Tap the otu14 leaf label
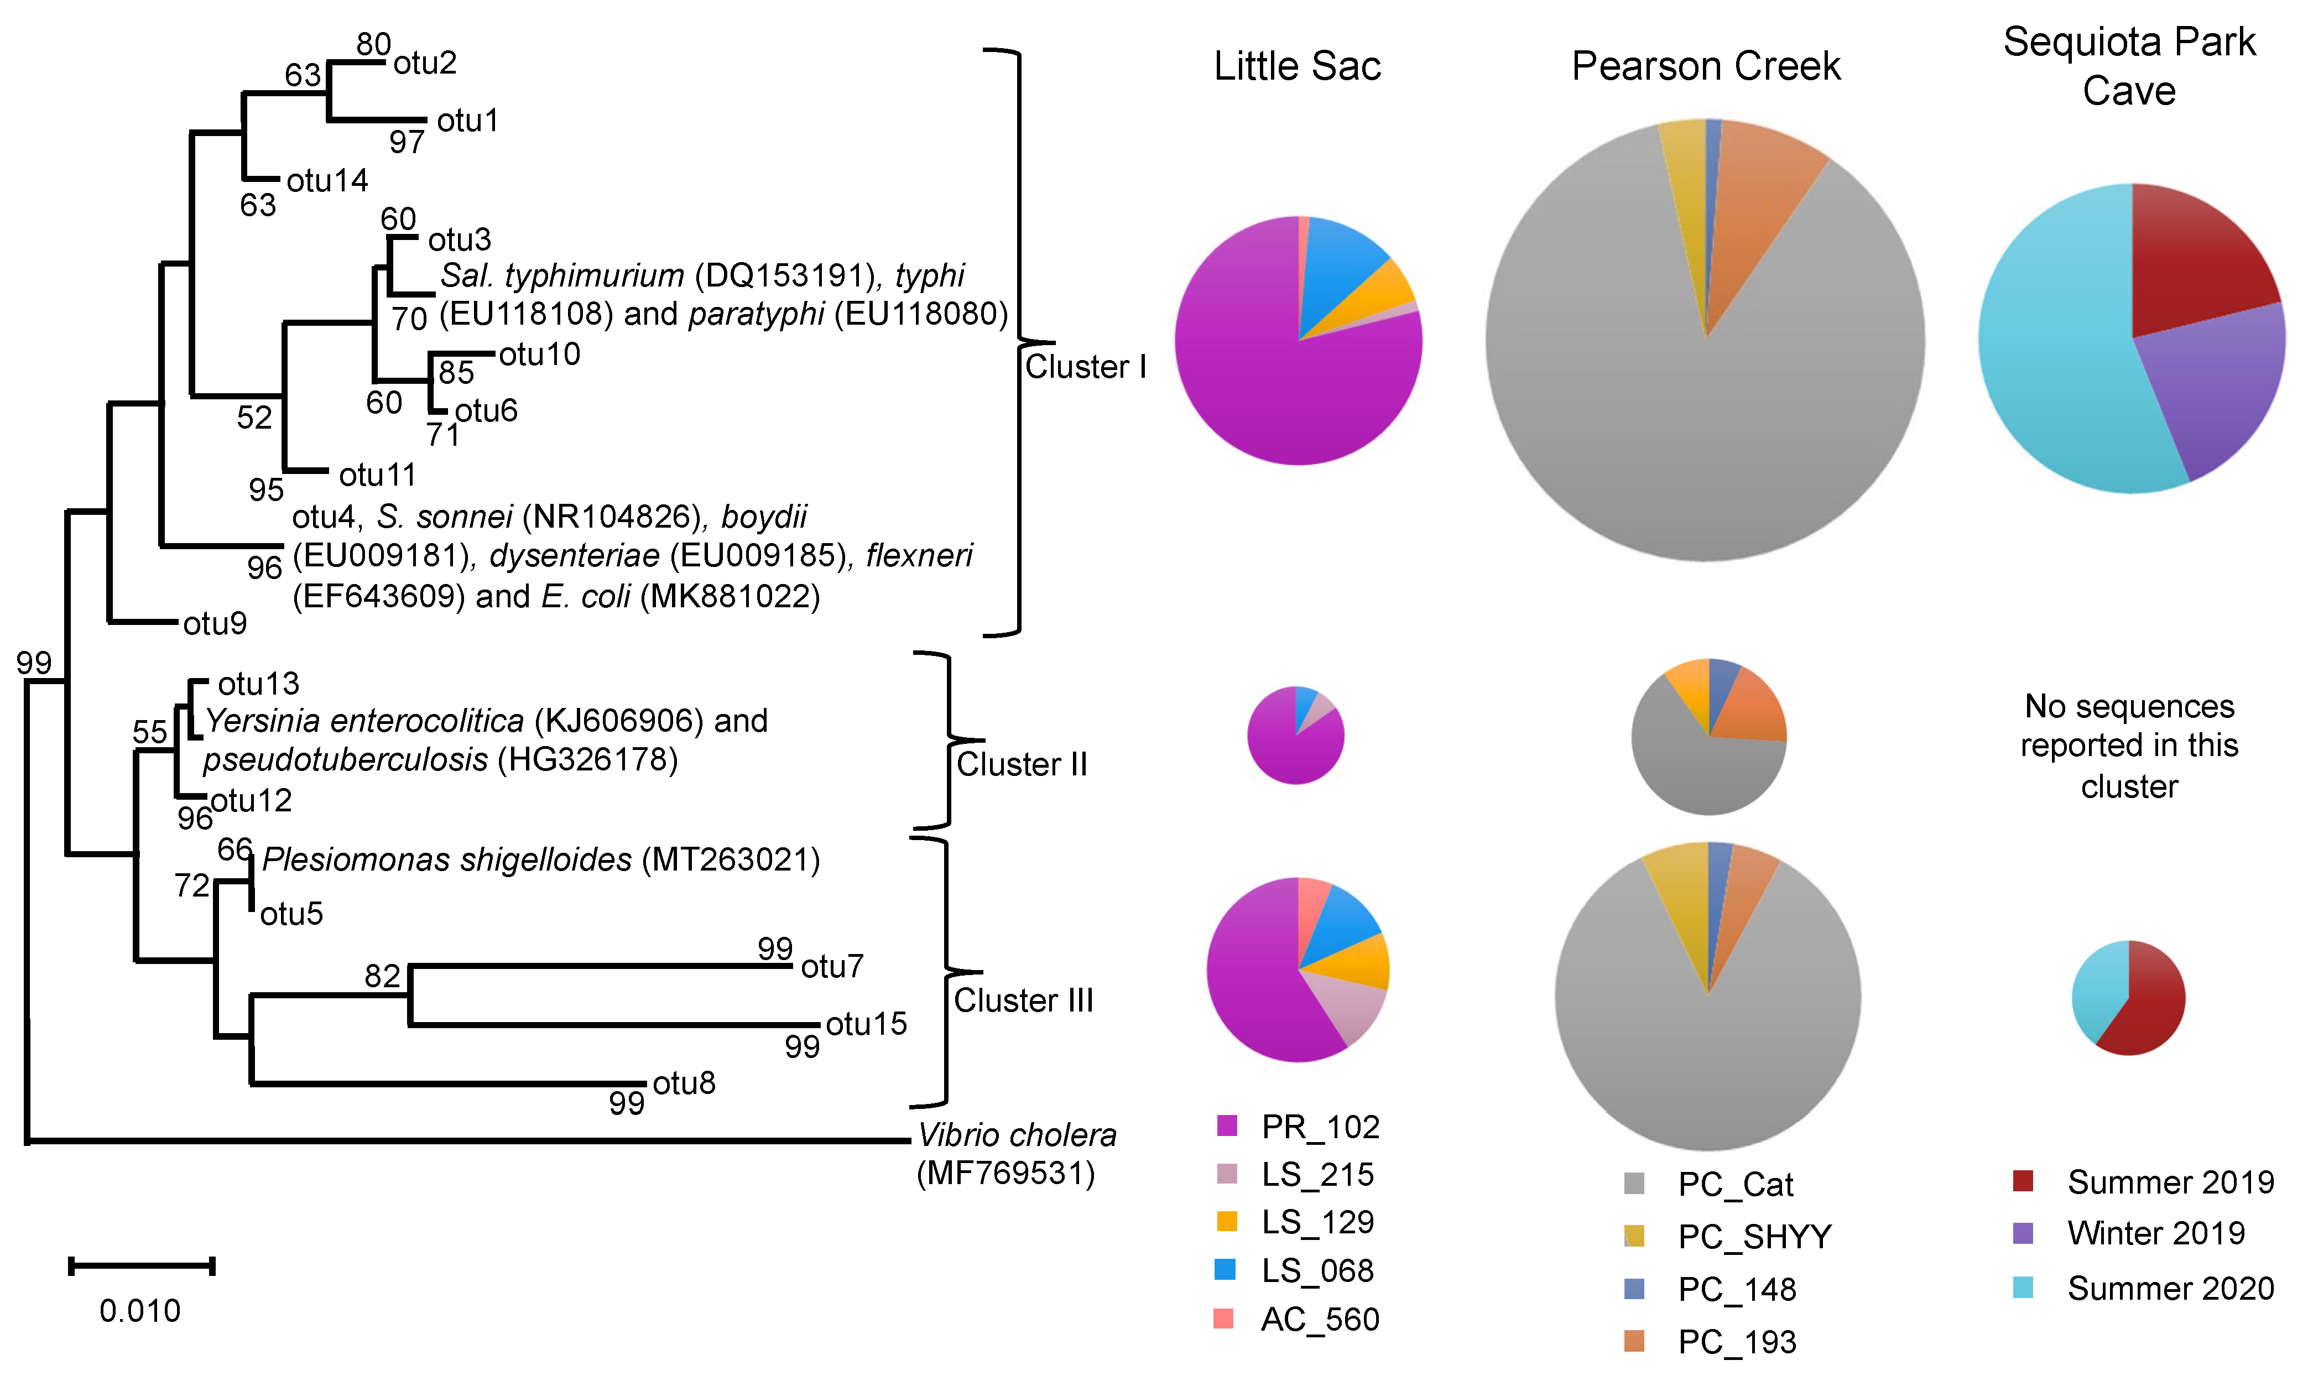(x=327, y=180)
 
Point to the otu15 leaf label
(x=866, y=1024)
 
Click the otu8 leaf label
(x=684, y=1083)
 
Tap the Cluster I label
(x=1085, y=367)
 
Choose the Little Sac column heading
(x=1298, y=66)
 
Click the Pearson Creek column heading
(x=1706, y=66)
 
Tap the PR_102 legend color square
(x=1227, y=1126)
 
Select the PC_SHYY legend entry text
(x=1754, y=1237)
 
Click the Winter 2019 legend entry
(x=2155, y=1234)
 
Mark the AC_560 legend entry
(x=1320, y=1320)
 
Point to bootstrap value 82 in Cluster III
(x=383, y=976)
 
